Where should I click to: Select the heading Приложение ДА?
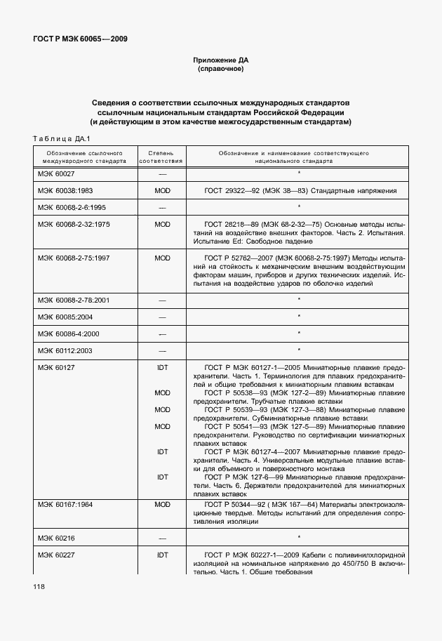pyautogui.click(x=221, y=60)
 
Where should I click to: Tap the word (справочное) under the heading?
pyautogui.click(x=221, y=70)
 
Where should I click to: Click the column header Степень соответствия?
pyautogui.click(x=161, y=156)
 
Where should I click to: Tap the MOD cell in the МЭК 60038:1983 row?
pyautogui.click(x=162, y=190)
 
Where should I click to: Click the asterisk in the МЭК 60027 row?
pyautogui.click(x=299, y=173)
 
